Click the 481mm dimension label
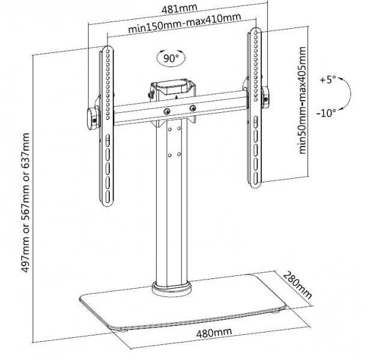coord(179,8)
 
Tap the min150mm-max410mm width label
coord(184,23)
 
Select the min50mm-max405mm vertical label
coord(303,100)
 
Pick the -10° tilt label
coord(326,113)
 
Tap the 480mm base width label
coord(214,332)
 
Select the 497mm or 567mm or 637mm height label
coord(25,202)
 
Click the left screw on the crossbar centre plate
coord(167,112)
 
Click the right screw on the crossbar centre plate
coord(193,108)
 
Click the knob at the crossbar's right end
coord(266,98)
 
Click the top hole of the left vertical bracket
coord(107,51)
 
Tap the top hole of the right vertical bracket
coord(256,32)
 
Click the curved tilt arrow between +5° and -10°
coord(350,94)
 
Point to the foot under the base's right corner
coord(276,311)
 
